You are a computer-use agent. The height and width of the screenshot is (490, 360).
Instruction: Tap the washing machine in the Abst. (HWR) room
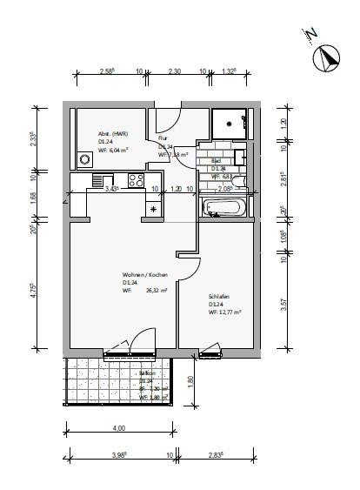click(84, 159)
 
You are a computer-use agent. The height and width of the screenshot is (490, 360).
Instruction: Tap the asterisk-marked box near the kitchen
click(155, 209)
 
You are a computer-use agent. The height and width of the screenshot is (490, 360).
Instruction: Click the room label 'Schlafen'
click(218, 296)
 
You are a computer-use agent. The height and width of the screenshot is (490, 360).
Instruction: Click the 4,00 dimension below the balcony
click(119, 427)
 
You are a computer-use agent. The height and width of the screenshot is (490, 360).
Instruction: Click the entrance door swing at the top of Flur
click(169, 117)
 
